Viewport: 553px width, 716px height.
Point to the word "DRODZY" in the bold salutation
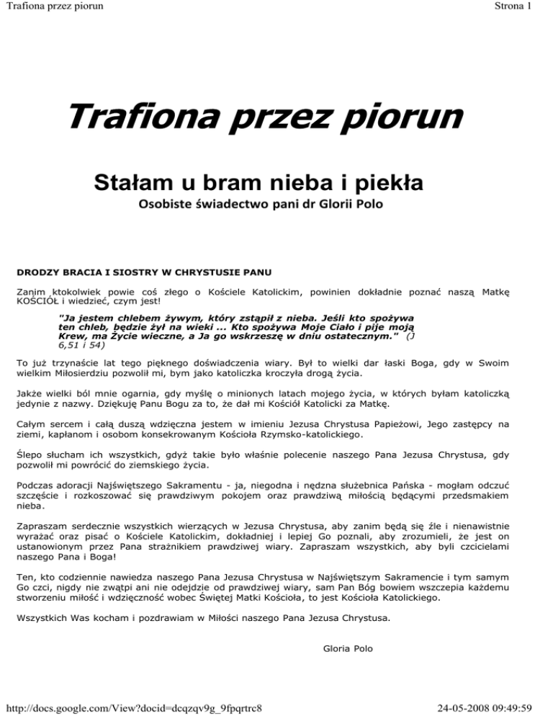[x=35, y=274]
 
